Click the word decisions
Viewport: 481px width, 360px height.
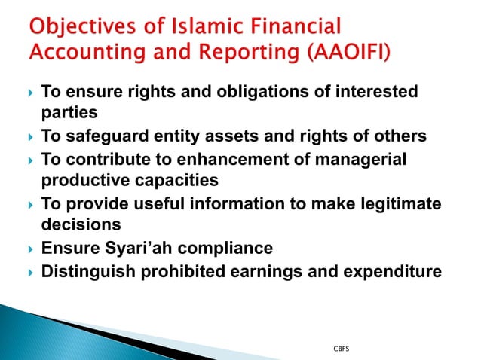pos(81,225)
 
